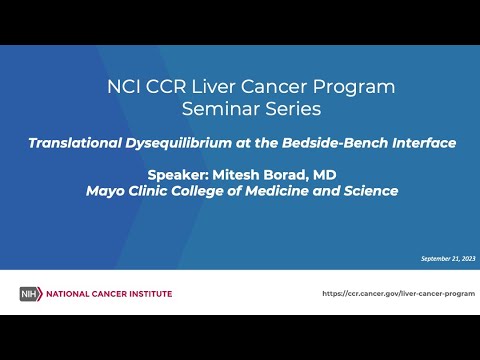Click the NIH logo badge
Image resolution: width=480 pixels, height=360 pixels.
(30, 293)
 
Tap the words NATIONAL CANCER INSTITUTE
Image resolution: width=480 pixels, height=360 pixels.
(107, 293)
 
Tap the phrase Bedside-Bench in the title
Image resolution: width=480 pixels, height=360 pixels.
(340, 143)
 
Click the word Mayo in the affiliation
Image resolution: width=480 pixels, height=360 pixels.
(103, 190)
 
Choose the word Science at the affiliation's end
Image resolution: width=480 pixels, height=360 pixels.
(369, 190)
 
